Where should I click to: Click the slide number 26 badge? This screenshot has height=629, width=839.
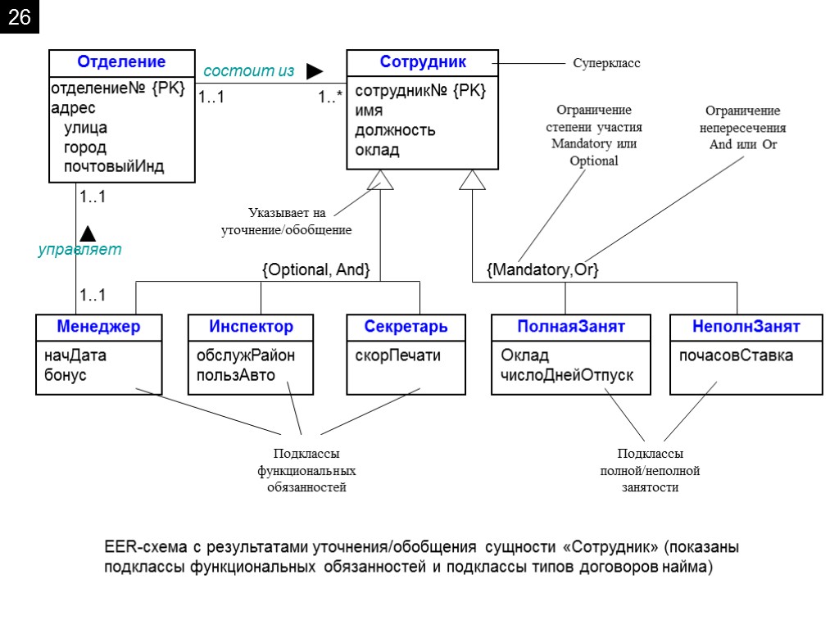(x=19, y=19)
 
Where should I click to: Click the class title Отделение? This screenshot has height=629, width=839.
(x=121, y=62)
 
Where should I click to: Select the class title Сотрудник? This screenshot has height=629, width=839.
(x=423, y=62)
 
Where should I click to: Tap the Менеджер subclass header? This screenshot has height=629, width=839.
(x=98, y=327)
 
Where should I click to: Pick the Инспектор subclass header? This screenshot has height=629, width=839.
(x=251, y=327)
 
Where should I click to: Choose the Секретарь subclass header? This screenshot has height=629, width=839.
(x=406, y=327)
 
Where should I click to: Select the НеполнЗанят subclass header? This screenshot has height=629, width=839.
(x=746, y=327)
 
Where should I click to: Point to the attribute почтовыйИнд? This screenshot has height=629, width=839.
(x=114, y=167)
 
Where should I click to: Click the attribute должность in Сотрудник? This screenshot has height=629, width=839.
(x=395, y=131)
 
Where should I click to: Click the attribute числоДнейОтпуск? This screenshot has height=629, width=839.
(x=567, y=376)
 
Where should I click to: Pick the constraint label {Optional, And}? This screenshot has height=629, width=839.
(x=315, y=270)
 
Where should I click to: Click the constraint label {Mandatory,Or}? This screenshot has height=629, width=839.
(x=542, y=270)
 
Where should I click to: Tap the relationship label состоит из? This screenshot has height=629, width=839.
(x=248, y=71)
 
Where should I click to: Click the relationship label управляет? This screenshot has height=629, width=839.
(x=79, y=250)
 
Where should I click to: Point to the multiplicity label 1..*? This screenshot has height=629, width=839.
(x=330, y=98)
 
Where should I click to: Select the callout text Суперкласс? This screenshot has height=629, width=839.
(x=606, y=63)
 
